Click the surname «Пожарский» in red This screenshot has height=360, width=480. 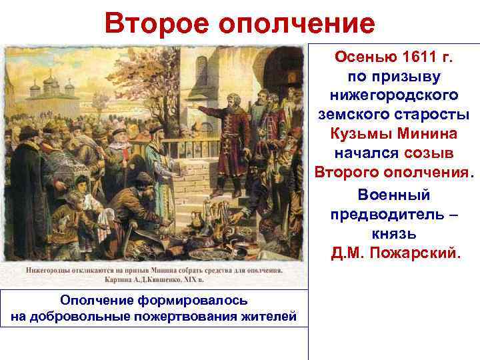coord(423,254)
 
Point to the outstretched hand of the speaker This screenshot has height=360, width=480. coord(193,105)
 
